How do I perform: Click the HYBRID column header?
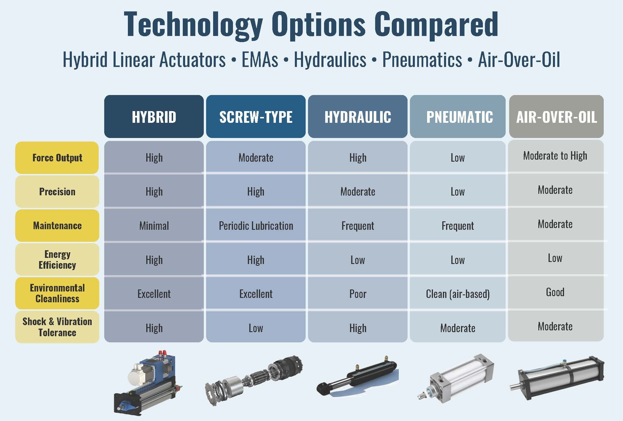(154, 117)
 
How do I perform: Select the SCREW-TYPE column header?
(256, 117)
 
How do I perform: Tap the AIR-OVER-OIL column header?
(556, 117)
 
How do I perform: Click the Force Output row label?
(57, 158)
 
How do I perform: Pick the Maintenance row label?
(57, 225)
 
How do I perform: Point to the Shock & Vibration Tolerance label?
(57, 327)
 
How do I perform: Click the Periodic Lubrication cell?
(256, 226)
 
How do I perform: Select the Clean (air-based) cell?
(457, 294)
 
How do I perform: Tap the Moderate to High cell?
(555, 156)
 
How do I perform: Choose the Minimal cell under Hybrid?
(154, 226)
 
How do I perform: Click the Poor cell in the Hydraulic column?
(358, 294)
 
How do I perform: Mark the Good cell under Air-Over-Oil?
(555, 292)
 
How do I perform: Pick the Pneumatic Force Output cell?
(457, 158)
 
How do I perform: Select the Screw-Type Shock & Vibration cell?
(256, 328)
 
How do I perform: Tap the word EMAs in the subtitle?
(260, 60)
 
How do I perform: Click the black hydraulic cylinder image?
(358, 377)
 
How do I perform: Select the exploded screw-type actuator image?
(254, 380)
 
